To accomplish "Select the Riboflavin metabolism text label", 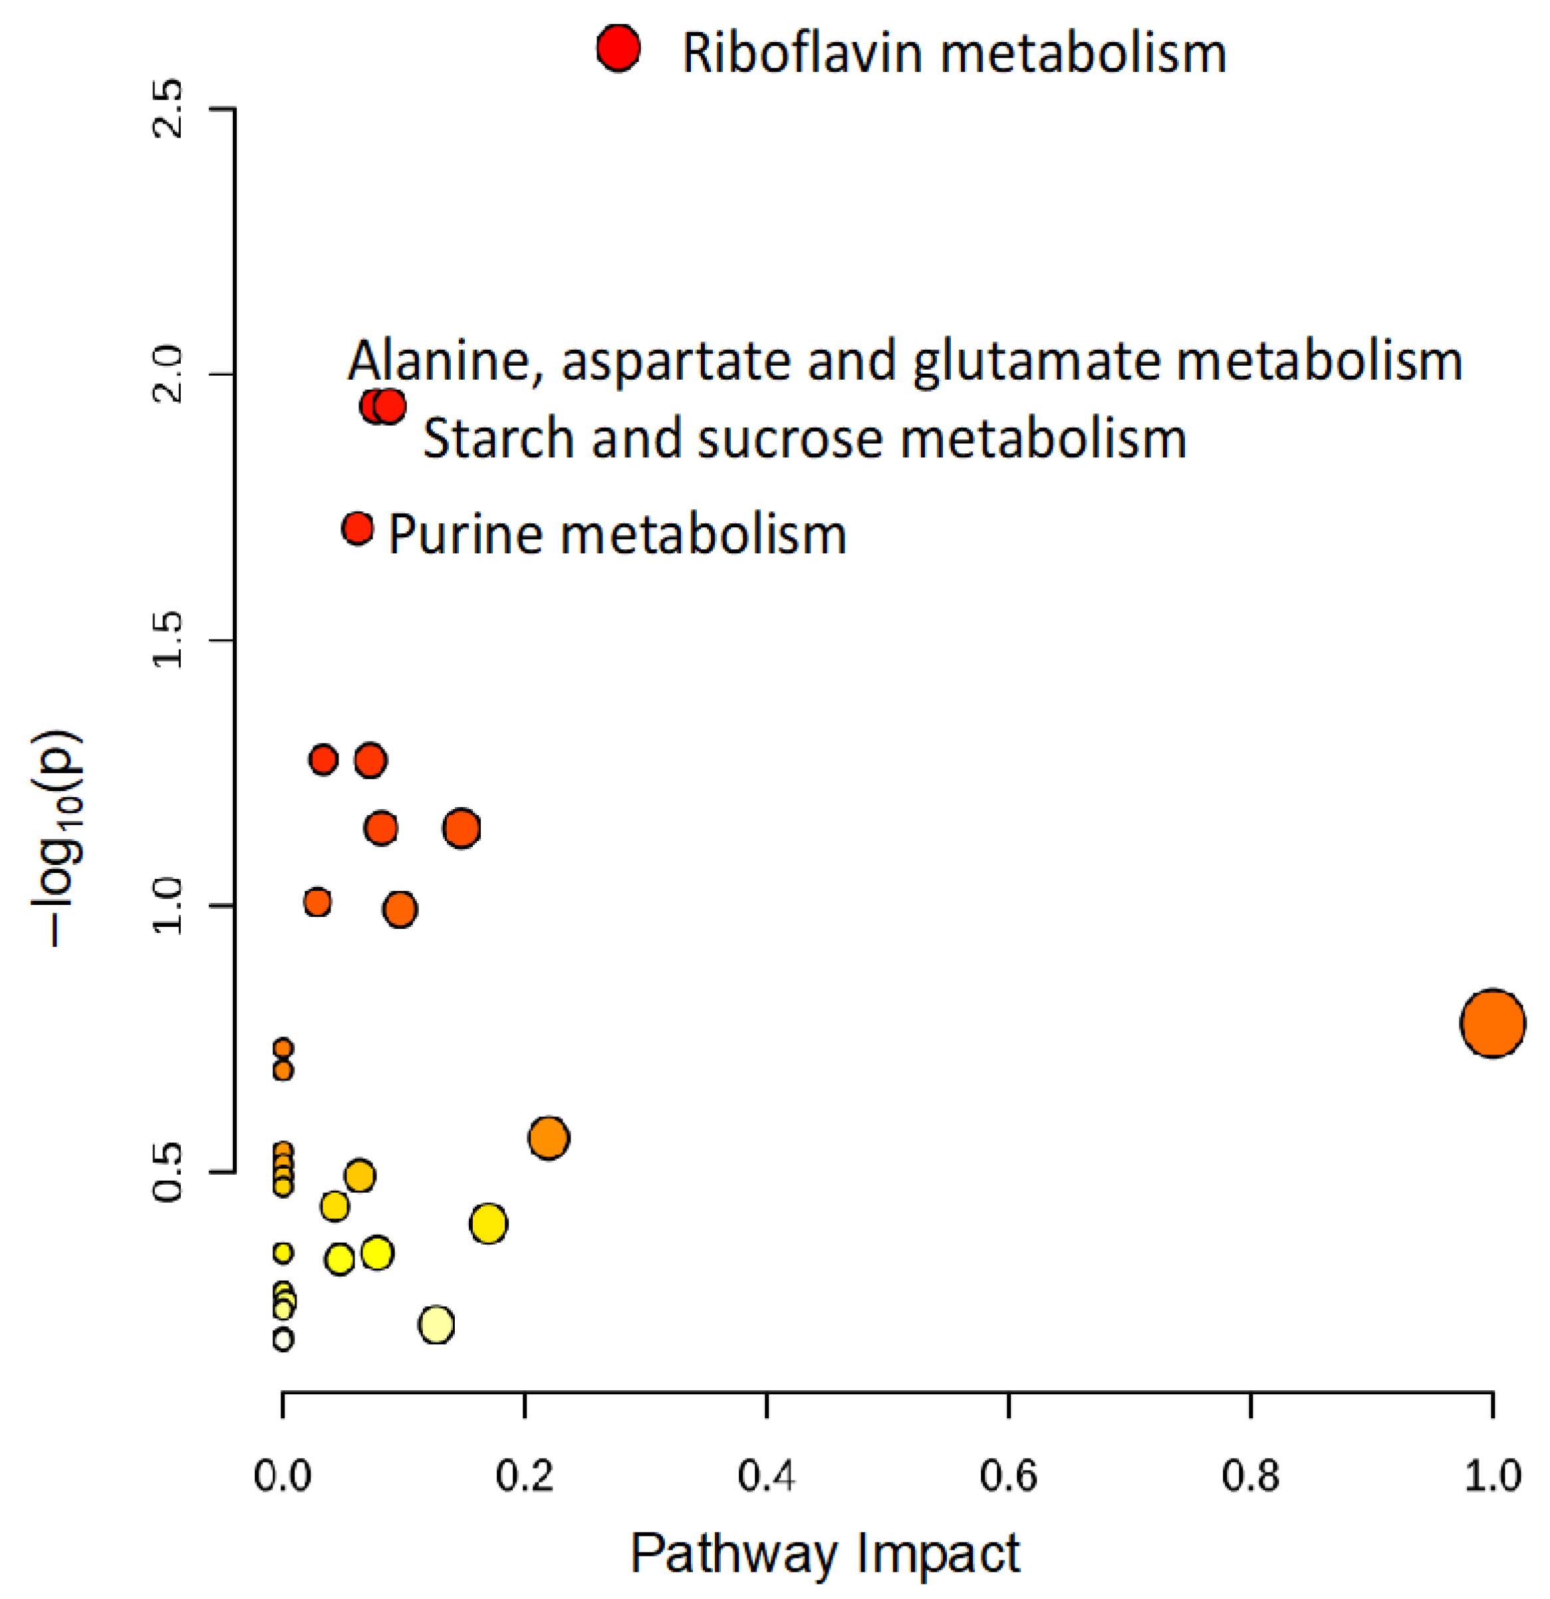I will [x=953, y=53].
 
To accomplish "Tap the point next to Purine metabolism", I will [x=357, y=529].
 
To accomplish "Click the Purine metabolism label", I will [x=616, y=535].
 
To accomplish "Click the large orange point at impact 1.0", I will [x=1492, y=1023].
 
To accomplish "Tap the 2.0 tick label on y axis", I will [x=170, y=374].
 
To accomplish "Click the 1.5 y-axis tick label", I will [x=170, y=640].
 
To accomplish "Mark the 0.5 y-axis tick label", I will [x=170, y=1172].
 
